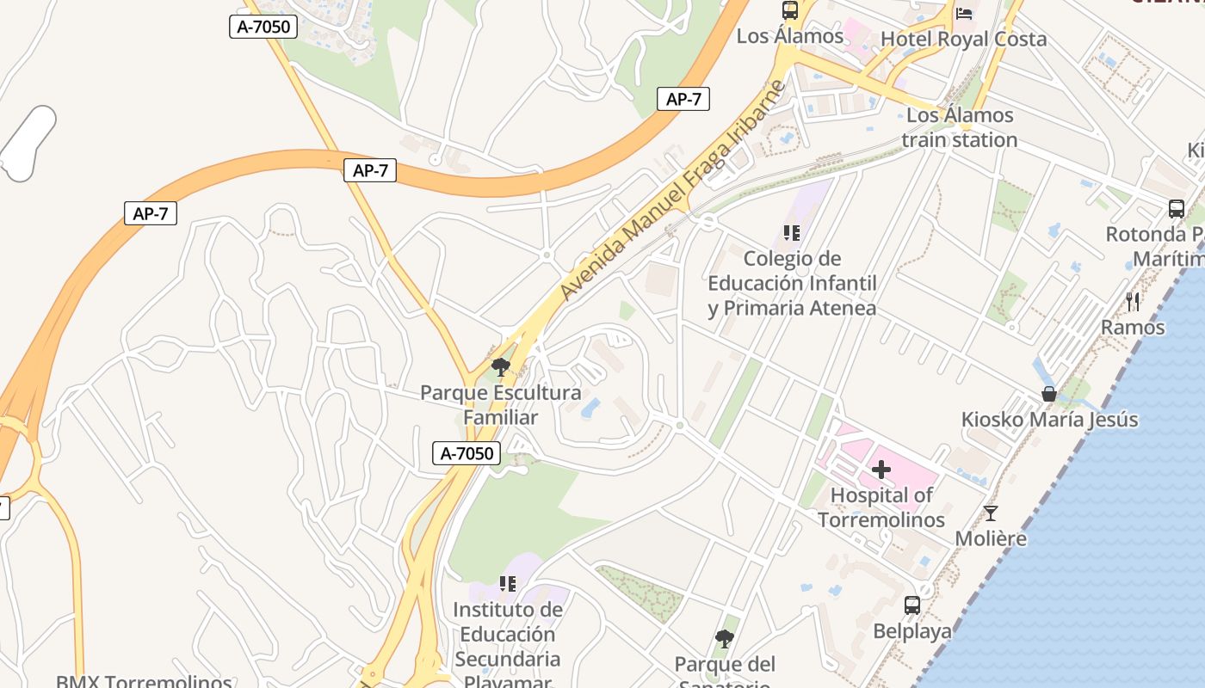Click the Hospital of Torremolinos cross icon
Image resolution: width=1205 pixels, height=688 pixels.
pos(881,470)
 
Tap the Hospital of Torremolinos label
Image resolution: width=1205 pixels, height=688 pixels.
pos(881,507)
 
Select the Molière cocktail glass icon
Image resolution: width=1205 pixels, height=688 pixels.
pos(991,513)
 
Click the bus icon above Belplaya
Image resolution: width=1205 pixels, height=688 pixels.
pos(912,605)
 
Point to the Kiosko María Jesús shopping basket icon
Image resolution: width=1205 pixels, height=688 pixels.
pos(1049,394)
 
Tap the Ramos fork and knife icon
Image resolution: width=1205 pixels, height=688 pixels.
pos(1133,301)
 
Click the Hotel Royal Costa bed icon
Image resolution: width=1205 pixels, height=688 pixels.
pos(964,13)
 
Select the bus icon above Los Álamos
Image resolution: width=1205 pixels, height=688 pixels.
pos(790,10)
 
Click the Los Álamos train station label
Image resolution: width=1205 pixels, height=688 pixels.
pos(960,127)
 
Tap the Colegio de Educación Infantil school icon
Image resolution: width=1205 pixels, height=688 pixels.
pos(792,233)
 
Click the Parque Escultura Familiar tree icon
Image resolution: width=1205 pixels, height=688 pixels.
pos(500,367)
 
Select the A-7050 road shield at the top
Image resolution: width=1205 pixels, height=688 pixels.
pos(264,27)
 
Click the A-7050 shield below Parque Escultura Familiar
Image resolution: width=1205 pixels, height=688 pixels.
pos(467,453)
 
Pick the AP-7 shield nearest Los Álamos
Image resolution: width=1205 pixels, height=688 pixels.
pos(683,99)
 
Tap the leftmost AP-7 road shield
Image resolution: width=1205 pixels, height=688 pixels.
pos(151,213)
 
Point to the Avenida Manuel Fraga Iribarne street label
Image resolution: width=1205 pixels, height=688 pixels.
pos(673,191)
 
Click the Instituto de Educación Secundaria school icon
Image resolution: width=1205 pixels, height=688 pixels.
pos(508,584)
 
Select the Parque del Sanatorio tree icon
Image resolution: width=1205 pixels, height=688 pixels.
pos(725,638)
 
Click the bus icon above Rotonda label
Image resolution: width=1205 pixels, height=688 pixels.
pos(1176,208)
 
